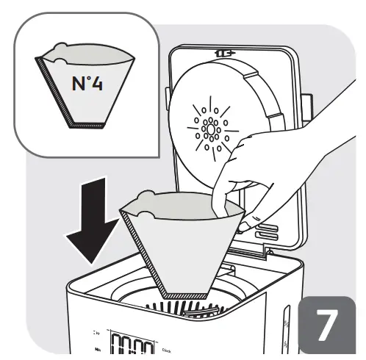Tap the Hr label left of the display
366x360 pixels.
click(98, 333)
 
